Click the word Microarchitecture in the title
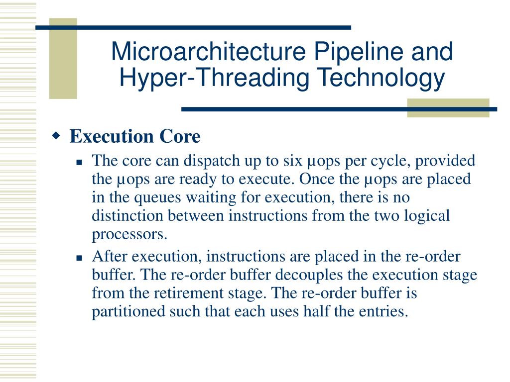point(209,51)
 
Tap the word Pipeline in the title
point(359,52)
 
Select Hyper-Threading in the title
point(214,79)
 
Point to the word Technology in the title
point(381,79)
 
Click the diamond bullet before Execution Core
point(56,135)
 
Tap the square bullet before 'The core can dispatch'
point(79,162)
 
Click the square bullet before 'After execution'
point(79,258)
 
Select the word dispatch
point(212,161)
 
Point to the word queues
point(157,198)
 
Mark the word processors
point(129,235)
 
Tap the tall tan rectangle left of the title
point(63,59)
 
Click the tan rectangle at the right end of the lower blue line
point(448,108)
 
